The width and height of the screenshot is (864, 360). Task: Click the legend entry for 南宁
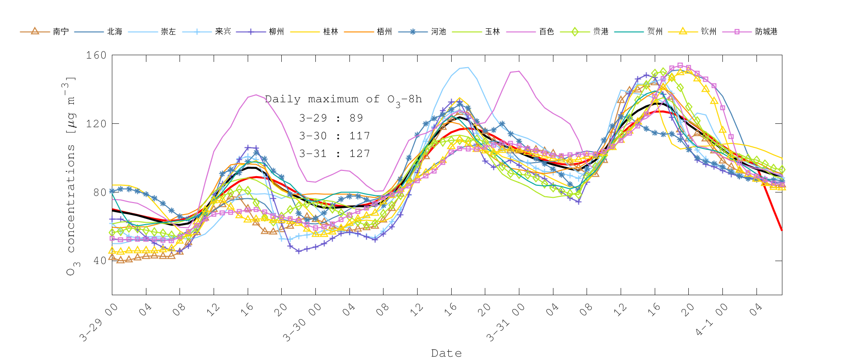tap(60, 31)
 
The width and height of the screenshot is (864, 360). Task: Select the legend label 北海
tap(115, 31)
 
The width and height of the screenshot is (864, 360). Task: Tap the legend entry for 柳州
tap(276, 31)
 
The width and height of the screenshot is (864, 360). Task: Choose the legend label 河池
tap(438, 31)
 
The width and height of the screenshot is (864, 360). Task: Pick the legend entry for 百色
tap(546, 31)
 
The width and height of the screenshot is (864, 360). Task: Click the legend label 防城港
tap(766, 31)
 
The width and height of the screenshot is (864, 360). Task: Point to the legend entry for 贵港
tap(600, 31)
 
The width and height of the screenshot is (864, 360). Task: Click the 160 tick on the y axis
tap(96, 55)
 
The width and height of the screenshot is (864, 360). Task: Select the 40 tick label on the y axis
tap(99, 261)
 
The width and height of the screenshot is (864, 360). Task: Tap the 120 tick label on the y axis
tap(96, 124)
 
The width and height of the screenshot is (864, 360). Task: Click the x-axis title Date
tap(446, 353)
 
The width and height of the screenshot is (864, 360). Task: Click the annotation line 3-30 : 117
tap(335, 136)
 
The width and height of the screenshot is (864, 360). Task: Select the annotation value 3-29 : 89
tap(331, 118)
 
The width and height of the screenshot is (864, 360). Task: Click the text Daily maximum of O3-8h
tap(343, 99)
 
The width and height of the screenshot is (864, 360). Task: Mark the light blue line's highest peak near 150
tap(468, 68)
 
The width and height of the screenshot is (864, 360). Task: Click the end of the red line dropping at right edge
tap(781, 230)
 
